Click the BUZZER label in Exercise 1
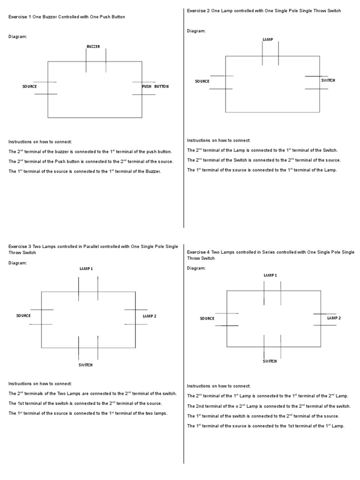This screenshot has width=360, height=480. (x=93, y=46)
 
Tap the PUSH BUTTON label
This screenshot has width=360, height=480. (x=155, y=87)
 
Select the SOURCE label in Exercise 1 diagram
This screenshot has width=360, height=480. (x=30, y=87)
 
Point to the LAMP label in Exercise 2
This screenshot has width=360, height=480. (x=268, y=40)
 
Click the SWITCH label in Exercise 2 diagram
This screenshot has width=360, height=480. (x=328, y=81)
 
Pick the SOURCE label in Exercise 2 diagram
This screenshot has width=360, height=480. (x=202, y=82)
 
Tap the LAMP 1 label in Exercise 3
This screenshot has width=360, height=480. (x=86, y=269)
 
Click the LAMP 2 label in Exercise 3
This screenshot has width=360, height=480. (x=150, y=316)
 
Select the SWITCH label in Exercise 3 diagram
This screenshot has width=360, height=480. (x=85, y=365)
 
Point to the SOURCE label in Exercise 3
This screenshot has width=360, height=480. (x=23, y=315)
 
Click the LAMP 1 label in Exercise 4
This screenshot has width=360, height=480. (x=270, y=275)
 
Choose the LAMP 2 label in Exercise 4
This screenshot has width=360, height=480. (x=334, y=318)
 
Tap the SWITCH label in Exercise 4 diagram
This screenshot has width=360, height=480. (x=270, y=361)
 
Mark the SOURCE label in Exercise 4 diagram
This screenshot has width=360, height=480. (x=207, y=319)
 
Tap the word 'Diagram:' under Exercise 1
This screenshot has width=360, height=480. (x=18, y=36)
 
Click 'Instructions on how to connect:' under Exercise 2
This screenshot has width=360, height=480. (x=219, y=140)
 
